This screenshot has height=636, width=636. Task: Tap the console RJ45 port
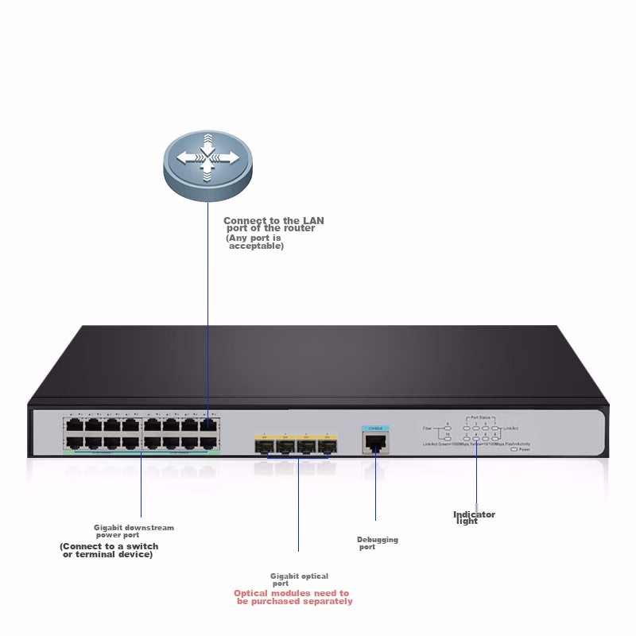point(374,444)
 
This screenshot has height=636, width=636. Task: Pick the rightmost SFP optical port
point(327,445)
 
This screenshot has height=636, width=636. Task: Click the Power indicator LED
point(514,449)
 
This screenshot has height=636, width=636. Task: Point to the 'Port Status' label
point(481,417)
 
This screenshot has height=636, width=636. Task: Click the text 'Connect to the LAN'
point(273,220)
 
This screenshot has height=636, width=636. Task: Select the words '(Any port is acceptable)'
point(255,242)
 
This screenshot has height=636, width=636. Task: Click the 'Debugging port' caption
point(377,543)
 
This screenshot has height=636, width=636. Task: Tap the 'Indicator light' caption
point(473,518)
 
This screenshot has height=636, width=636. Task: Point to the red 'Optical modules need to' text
point(292,593)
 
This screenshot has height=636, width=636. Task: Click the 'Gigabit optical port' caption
point(298,580)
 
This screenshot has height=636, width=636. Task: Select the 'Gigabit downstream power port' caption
point(133,531)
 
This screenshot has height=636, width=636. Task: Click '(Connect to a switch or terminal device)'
point(109,550)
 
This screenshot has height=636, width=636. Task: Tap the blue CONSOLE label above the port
point(374,428)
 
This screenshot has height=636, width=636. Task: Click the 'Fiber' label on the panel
point(427,428)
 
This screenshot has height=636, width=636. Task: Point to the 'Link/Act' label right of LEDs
point(510,429)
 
